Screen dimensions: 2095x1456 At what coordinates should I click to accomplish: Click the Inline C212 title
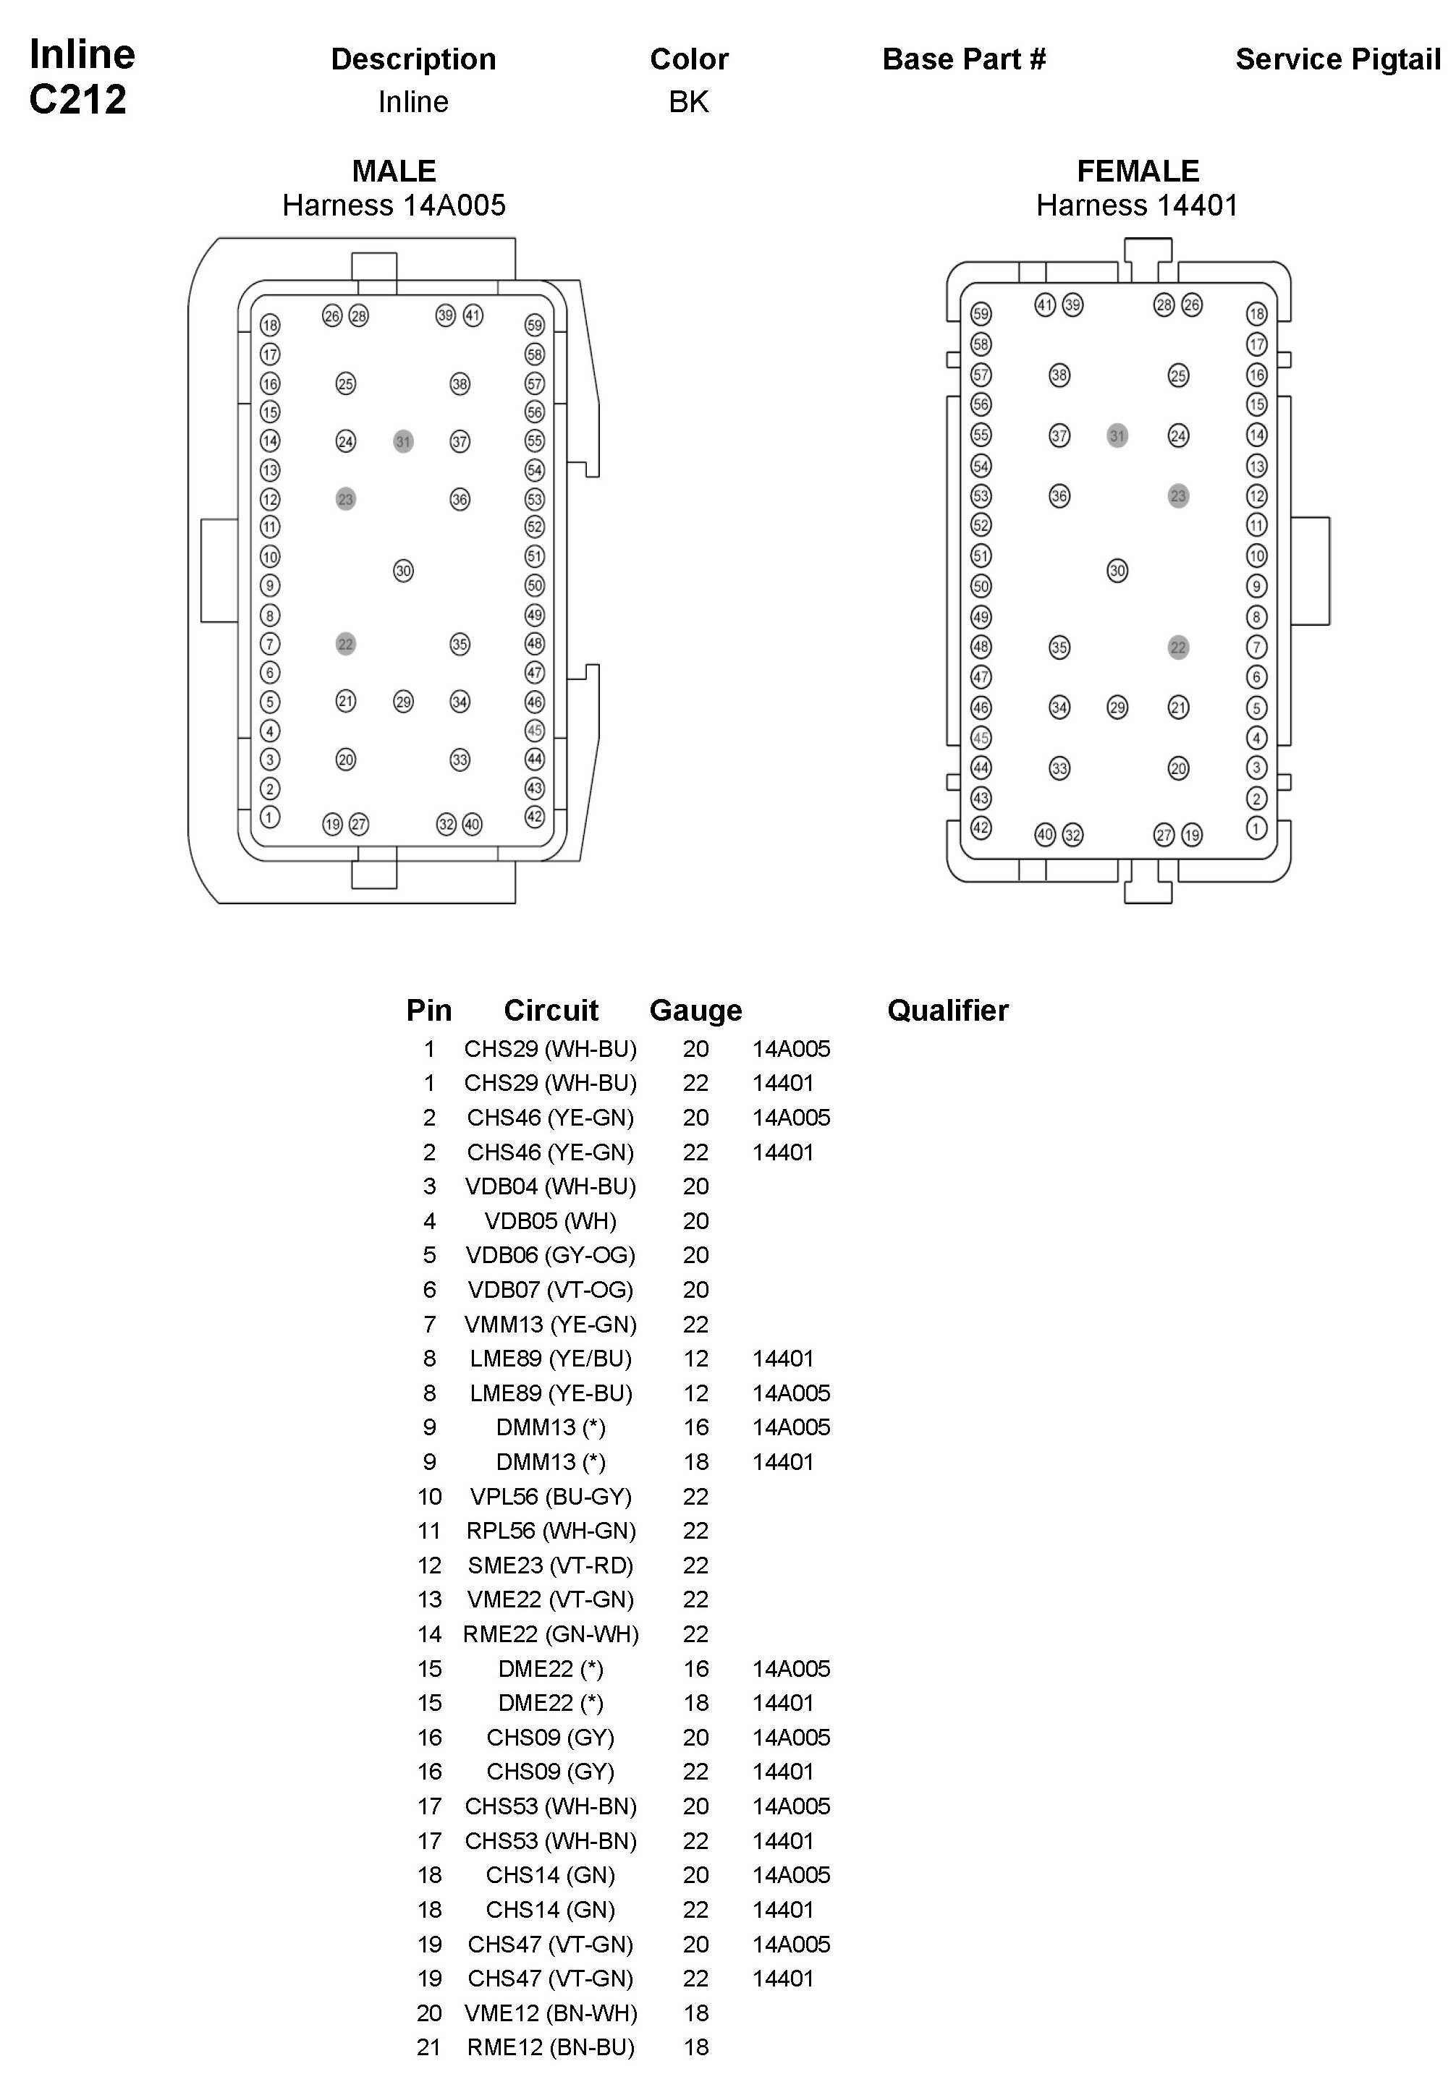[81, 77]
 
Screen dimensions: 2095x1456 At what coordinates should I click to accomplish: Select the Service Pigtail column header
[1337, 59]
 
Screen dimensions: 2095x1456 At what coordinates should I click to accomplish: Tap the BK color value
[689, 101]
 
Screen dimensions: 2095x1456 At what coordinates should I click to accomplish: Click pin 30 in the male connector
[403, 571]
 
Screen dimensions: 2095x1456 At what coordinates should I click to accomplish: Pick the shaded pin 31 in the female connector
[1117, 436]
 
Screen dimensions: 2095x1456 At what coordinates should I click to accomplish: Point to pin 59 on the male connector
[535, 325]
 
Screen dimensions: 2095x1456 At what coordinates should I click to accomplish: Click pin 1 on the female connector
[1256, 828]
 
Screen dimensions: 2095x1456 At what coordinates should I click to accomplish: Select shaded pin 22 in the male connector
[345, 644]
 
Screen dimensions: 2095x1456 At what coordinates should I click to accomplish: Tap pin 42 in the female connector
[981, 828]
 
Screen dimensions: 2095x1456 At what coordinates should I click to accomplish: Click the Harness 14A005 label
[394, 205]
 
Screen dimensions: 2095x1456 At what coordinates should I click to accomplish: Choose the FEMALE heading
[1138, 171]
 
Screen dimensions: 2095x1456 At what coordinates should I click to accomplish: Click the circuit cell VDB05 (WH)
[550, 1220]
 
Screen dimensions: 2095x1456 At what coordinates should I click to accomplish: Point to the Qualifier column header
[947, 1010]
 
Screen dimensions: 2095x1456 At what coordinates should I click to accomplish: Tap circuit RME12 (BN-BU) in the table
[550, 2047]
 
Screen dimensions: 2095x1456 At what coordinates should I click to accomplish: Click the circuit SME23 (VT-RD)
[550, 1565]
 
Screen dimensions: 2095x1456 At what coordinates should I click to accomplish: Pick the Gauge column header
[695, 1010]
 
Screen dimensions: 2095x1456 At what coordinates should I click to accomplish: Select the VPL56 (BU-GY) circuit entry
[550, 1496]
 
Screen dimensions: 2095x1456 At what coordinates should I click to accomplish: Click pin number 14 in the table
[429, 1633]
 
